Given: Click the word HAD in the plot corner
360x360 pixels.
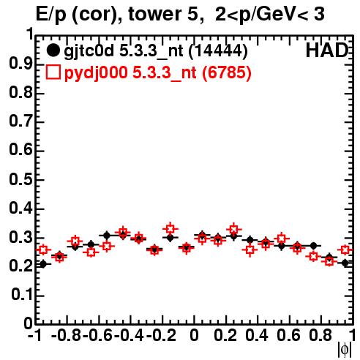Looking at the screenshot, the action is tap(327, 50).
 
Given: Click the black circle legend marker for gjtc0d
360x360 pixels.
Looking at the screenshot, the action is tap(53, 50).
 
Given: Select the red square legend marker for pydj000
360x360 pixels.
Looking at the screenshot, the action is tap(53, 72).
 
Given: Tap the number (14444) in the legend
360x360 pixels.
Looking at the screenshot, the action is tap(218, 51).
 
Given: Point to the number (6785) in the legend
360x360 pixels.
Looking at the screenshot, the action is tap(227, 72).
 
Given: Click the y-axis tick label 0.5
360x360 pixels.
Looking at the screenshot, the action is tap(20, 179).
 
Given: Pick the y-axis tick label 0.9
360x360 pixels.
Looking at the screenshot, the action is tap(20, 64).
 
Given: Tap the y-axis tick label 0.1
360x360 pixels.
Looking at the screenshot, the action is tap(22, 295).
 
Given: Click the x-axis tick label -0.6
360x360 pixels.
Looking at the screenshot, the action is tap(98, 335).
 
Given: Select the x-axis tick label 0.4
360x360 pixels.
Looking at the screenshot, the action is tap(257, 335).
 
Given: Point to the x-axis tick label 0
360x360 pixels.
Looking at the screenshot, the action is tap(194, 335).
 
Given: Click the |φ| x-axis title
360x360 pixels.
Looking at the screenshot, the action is tap(345, 350).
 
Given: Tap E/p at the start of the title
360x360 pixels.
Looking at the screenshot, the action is tap(51, 15).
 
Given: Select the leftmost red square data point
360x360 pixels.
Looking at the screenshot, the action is tap(43, 250).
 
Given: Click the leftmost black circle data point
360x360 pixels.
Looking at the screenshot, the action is tap(43, 264).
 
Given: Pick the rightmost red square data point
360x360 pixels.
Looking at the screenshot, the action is tap(345, 250).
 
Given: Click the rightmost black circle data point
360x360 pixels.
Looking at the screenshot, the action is tap(345, 263).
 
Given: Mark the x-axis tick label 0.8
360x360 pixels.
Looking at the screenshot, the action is tap(320, 335).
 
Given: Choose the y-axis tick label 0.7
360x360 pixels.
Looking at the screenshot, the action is tap(20, 121).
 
